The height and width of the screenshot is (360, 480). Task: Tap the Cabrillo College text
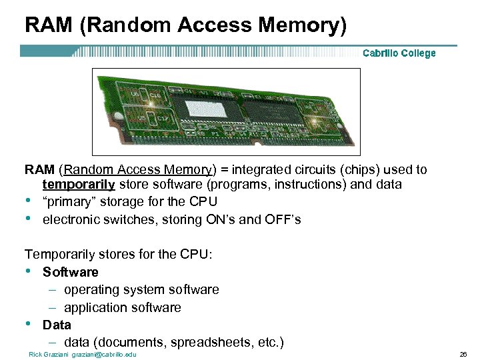point(399,53)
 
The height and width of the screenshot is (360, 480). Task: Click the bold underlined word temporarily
point(79,184)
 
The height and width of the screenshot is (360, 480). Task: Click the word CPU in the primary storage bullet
point(203,201)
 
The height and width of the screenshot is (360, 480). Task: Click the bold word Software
point(70,272)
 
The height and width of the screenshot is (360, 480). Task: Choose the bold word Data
point(57,325)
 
